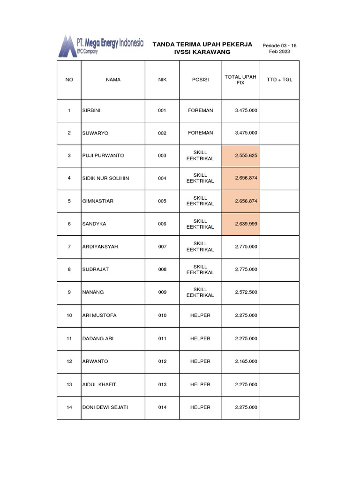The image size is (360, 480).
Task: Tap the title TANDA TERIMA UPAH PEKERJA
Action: coord(202,44)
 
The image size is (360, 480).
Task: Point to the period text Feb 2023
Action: coord(279,52)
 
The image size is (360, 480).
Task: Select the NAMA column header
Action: coord(113,80)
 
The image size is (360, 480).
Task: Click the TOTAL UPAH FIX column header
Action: coord(240,80)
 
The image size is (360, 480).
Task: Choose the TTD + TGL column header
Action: coord(279,80)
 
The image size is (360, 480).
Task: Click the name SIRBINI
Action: coord(91,111)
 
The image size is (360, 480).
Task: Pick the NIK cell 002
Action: coord(162,133)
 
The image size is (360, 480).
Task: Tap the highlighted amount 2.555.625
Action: coord(246,156)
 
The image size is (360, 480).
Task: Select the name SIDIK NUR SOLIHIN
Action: coord(105,178)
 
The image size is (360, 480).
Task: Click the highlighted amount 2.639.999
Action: coord(246,224)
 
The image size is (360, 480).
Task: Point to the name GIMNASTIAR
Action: coord(97,201)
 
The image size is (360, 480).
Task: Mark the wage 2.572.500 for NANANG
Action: coord(246,292)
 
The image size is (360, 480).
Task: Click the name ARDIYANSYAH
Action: coord(100,247)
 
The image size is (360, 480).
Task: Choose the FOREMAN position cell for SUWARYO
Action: coord(200,133)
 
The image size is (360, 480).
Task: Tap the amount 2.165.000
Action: coord(246,361)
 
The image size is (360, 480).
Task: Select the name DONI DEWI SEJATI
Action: coord(105,407)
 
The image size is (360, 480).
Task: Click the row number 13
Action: coord(69,384)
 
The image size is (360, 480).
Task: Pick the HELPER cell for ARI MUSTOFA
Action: coord(200,315)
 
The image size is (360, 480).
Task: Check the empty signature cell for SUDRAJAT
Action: coord(279,270)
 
